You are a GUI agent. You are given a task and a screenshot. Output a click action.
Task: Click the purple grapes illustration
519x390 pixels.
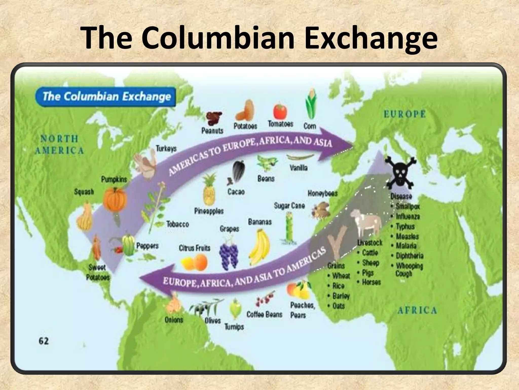pos(229,256)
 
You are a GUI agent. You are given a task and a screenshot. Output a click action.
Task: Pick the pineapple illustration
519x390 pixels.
pos(209,190)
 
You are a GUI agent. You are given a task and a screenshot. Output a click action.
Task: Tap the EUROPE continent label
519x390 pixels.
pos(405,114)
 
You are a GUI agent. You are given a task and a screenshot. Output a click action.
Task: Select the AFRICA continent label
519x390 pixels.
pos(417,310)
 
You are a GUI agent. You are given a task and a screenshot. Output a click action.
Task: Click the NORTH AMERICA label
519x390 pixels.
pos(59,145)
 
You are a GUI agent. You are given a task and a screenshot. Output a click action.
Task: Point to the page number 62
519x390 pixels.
pos(44,341)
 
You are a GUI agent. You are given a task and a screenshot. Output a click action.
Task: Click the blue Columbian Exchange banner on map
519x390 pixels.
pos(106,97)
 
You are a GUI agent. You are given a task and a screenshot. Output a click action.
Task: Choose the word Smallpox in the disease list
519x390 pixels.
pos(408,206)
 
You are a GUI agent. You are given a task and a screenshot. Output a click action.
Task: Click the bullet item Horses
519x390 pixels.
pos(371,282)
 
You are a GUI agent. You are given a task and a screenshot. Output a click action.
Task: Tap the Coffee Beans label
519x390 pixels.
pos(264,315)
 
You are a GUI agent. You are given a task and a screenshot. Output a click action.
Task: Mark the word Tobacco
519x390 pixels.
pos(178,224)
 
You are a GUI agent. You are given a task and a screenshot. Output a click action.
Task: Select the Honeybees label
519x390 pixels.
pos(323,193)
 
